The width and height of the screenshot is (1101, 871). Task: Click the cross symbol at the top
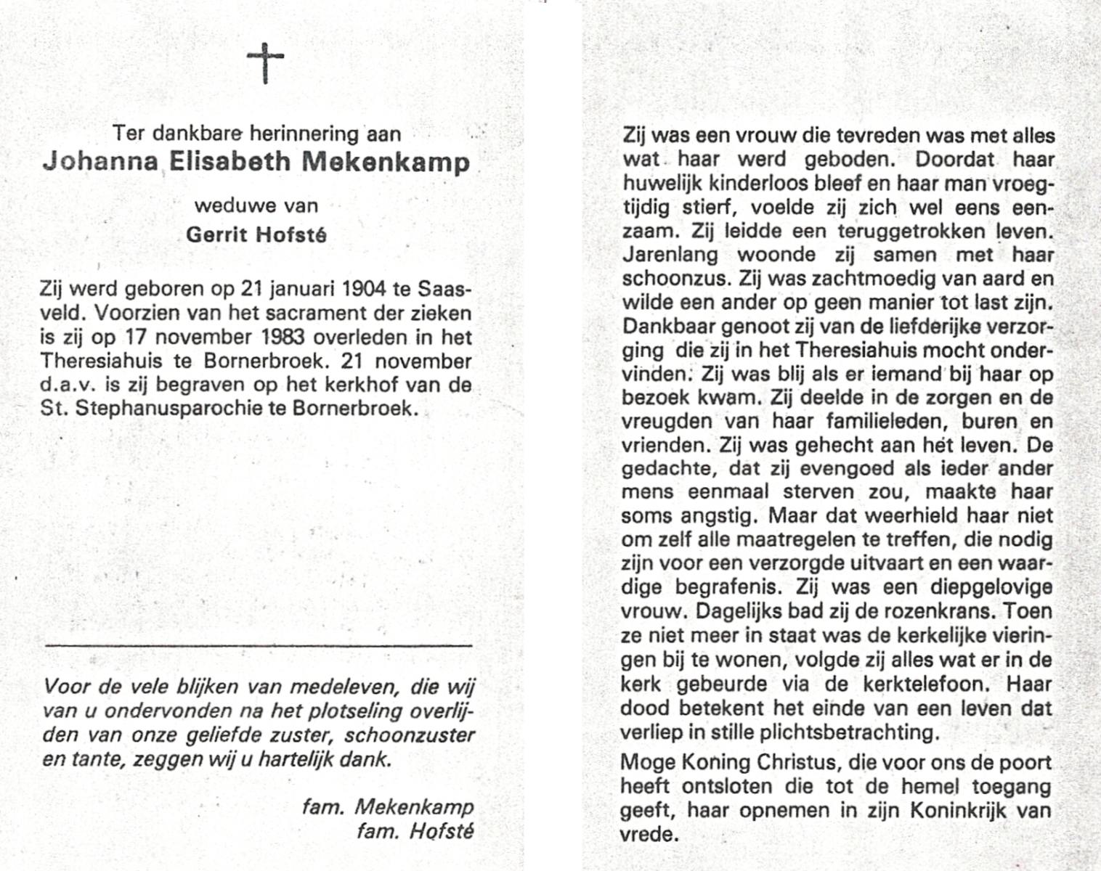pos(264,62)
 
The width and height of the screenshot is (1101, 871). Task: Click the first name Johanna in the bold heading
pos(100,161)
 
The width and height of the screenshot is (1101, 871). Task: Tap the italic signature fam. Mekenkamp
pos(388,807)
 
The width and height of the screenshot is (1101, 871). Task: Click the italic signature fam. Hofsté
pos(415,830)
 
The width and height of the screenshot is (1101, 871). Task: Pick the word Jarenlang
pos(670,255)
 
